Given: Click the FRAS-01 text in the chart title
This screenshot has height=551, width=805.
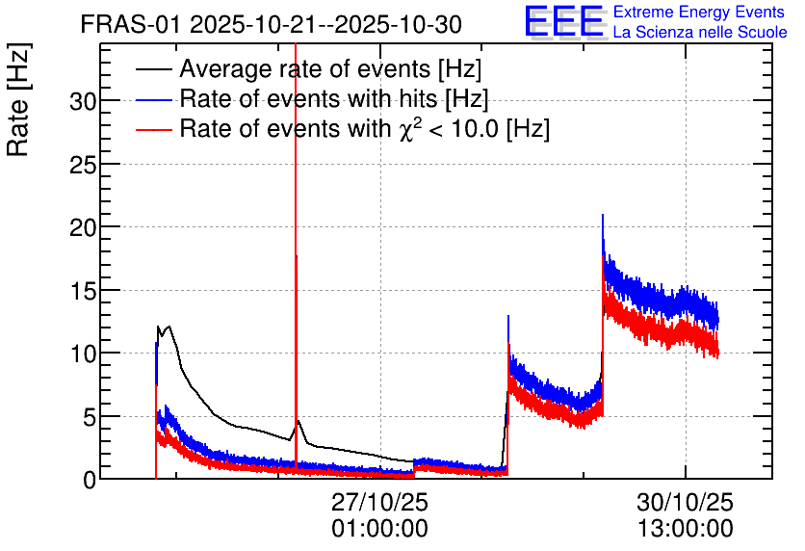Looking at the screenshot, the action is [131, 25].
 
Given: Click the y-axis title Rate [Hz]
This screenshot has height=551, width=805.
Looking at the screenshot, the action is [18, 100].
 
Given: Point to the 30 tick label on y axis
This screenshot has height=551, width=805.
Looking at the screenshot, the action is [83, 102].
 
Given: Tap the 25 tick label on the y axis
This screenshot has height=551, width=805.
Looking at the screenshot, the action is [83, 165].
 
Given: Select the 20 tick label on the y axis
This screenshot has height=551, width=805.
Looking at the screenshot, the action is [83, 227].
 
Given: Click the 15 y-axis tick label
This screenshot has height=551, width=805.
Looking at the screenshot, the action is [83, 291].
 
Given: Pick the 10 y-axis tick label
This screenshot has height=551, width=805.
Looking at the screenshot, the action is [83, 354].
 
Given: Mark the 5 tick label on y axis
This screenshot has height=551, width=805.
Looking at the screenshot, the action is [90, 417].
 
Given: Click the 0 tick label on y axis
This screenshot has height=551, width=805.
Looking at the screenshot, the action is [90, 480].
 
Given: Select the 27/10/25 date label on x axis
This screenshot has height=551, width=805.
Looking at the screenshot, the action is [380, 502].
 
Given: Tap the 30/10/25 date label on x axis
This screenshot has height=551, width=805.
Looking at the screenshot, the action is [686, 502].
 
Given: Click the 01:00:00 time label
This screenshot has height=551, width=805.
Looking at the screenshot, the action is [380, 529].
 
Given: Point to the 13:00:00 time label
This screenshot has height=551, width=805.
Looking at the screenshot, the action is [686, 529].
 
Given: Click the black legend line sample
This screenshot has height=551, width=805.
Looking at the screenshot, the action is [154, 68].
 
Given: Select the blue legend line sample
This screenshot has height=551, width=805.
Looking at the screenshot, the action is [154, 99].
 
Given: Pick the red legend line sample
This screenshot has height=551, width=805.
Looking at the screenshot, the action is [154, 129].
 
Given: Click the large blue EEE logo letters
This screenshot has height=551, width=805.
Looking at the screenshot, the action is [563, 21].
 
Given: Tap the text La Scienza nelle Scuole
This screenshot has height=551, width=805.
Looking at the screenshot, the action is [700, 32].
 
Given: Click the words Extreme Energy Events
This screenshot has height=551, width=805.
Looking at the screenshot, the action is [699, 12].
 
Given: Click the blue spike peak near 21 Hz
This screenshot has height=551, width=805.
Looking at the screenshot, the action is [603, 215].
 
